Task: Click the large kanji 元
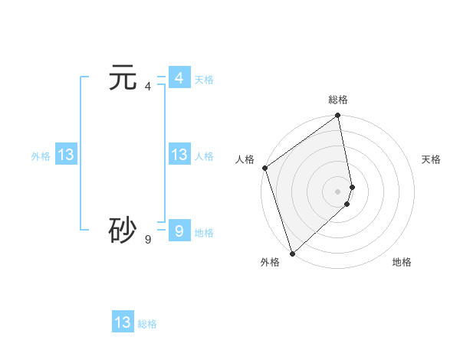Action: (123, 78)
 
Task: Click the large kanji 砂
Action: (123, 230)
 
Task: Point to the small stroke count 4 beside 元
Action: (148, 87)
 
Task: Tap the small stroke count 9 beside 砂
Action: (148, 239)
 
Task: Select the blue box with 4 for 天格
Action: (179, 78)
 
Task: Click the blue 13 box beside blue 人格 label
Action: (179, 155)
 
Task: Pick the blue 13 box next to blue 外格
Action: (65, 155)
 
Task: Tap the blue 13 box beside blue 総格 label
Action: (123, 322)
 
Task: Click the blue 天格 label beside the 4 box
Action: (204, 80)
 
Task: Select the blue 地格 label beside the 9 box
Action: (204, 233)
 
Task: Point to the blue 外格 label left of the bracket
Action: (41, 156)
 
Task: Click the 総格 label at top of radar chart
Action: (338, 100)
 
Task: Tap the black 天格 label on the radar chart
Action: (432, 159)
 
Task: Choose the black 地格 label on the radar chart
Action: (402, 262)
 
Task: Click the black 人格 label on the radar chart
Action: (245, 159)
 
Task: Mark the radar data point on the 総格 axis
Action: (338, 116)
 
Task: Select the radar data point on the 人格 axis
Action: (264, 168)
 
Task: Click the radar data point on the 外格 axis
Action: (292, 253)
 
